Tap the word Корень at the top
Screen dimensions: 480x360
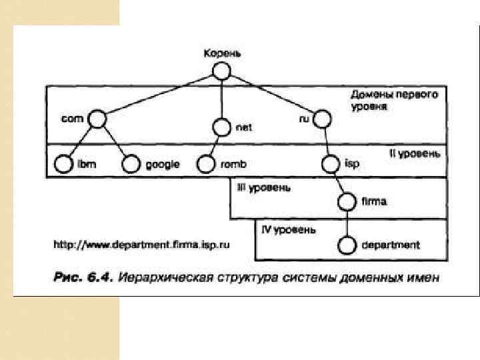tap(222, 53)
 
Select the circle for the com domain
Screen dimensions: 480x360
tap(97, 119)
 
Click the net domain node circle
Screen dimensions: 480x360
tap(221, 126)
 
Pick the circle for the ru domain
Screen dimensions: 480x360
tap(323, 119)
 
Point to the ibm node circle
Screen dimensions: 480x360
tap(63, 163)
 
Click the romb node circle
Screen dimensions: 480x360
tap(205, 163)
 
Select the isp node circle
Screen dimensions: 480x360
tap(330, 163)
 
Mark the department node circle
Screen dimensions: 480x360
tap(347, 245)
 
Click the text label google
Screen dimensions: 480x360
tap(163, 164)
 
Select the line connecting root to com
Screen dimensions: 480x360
tap(160, 94)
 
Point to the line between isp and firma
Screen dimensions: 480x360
tap(339, 182)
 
